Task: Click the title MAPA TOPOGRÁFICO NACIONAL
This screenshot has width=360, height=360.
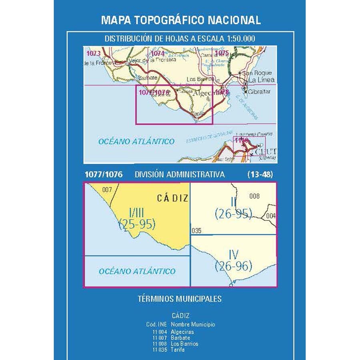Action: pos(181,20)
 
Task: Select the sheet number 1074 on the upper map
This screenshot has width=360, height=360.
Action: pos(158,53)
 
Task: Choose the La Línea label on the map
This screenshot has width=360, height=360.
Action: pos(261,80)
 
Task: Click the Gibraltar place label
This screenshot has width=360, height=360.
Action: pos(259,92)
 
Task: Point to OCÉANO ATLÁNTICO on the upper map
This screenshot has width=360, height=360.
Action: pos(136,141)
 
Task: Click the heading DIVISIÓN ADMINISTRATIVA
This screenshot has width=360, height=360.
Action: pos(180,174)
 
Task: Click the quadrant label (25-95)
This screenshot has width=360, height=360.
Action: pos(137,225)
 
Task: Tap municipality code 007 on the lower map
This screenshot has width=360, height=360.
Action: pos(107,190)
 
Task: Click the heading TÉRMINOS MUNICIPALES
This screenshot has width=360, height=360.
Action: pos(180,298)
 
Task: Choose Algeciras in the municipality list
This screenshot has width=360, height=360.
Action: pos(182,332)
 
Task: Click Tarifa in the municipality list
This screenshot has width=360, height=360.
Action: pos(178,349)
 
